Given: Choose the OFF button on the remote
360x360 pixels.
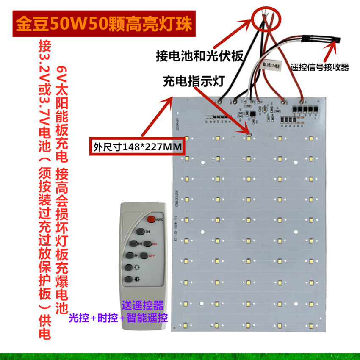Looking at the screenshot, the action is coord(144,255).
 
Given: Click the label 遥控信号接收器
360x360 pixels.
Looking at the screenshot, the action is coord(320,67).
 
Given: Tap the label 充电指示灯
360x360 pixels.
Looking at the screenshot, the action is coord(193,81).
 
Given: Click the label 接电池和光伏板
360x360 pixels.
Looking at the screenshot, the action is coord(199,56).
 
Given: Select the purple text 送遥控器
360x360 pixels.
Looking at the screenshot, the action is coord(143,305).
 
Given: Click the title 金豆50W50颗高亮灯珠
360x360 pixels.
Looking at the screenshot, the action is coord(103,25).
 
